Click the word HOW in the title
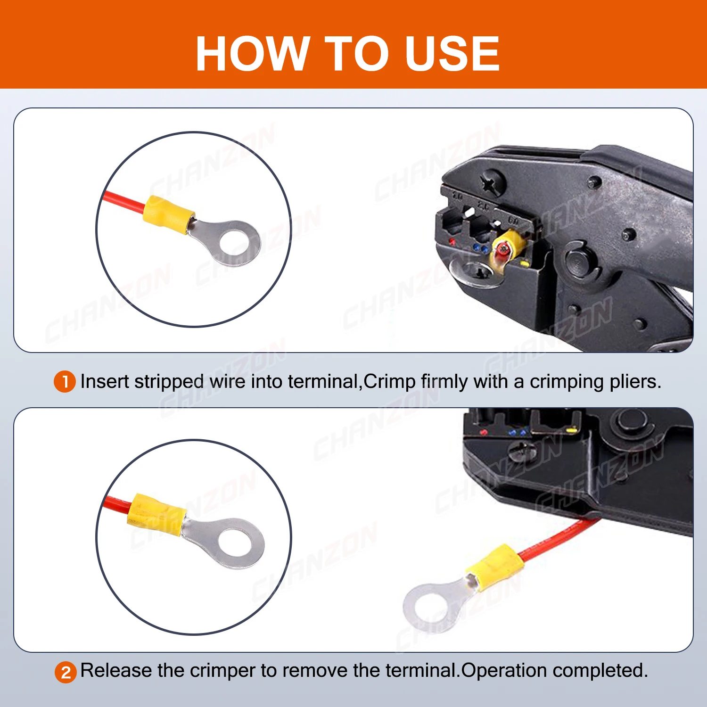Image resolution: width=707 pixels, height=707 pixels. point(252,54)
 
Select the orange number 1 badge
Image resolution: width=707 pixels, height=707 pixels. point(65,382)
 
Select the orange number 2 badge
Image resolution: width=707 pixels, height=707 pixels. point(66,672)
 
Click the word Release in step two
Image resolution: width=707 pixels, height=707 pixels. point(116,671)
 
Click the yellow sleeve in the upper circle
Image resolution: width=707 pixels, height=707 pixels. point(169,215)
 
